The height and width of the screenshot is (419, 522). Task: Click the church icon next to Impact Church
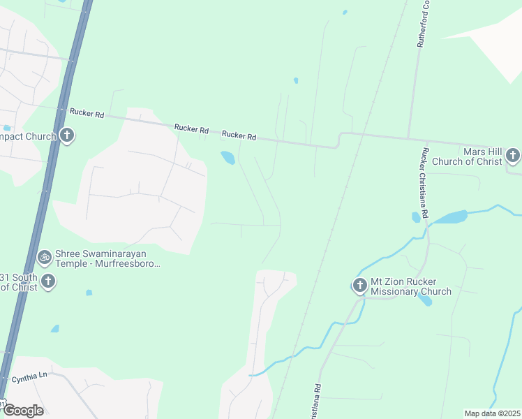pyautogui.click(x=67, y=135)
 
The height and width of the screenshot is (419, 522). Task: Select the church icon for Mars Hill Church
pyautogui.click(x=513, y=156)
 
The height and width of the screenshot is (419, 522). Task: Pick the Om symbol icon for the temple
pyautogui.click(x=45, y=258)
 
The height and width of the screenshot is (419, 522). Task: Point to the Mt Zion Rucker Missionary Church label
pyautogui.click(x=411, y=286)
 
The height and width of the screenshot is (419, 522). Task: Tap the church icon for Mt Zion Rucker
pyautogui.click(x=360, y=285)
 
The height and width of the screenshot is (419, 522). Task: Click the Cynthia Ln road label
pyautogui.click(x=29, y=376)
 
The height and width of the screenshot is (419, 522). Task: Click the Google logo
pyautogui.click(x=22, y=410)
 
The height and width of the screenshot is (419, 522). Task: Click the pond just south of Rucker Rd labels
pyautogui.click(x=228, y=158)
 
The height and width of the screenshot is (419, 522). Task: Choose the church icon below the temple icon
pyautogui.click(x=47, y=281)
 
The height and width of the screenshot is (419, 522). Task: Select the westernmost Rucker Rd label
pyautogui.click(x=86, y=112)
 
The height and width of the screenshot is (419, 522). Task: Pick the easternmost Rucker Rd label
pyautogui.click(x=239, y=136)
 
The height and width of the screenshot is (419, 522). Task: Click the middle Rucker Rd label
pyautogui.click(x=191, y=128)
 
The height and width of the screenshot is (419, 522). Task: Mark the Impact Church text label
pyautogui.click(x=27, y=135)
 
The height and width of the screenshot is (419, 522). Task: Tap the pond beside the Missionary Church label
pyautogui.click(x=424, y=300)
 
